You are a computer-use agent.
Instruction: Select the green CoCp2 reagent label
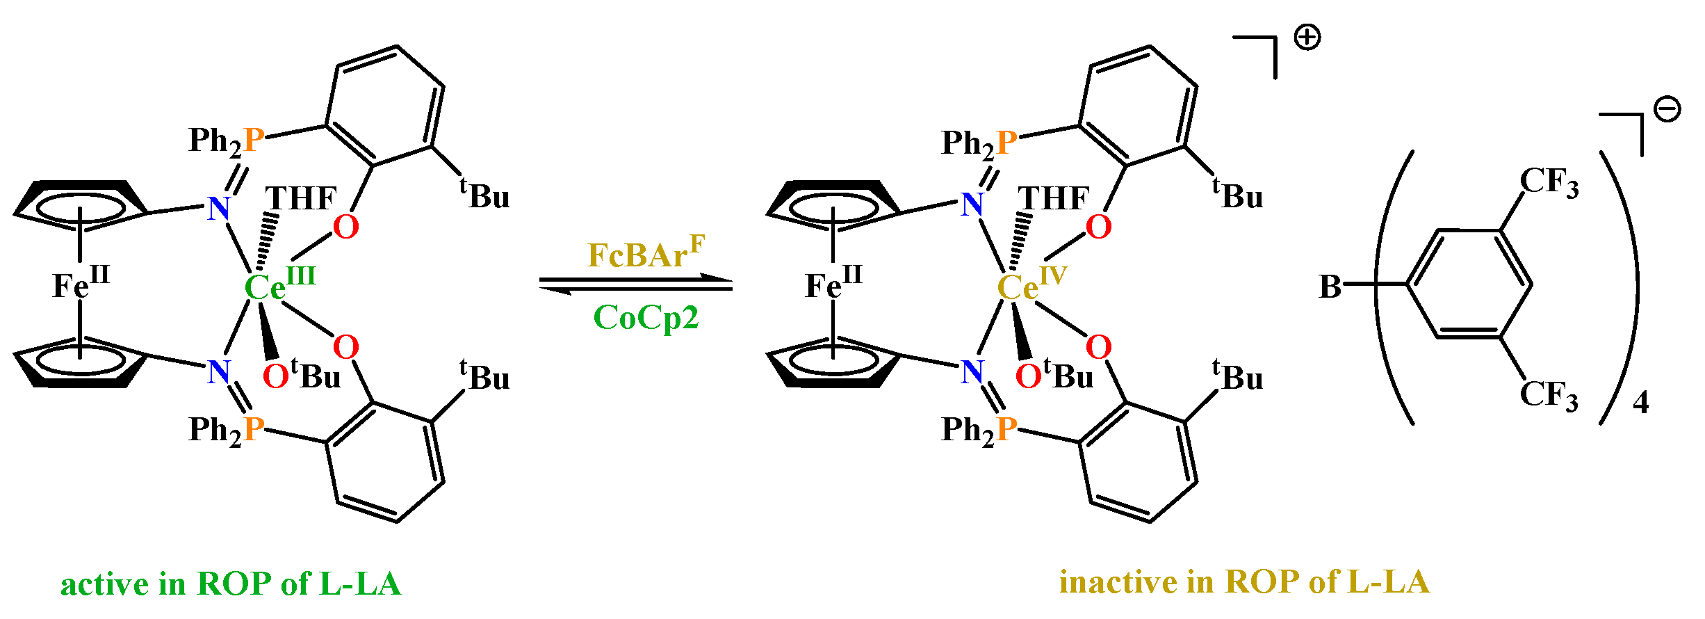point(645,318)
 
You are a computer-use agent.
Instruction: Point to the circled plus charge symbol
point(1307,38)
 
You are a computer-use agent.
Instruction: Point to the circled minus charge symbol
point(1667,109)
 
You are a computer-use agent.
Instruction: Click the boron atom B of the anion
point(1330,287)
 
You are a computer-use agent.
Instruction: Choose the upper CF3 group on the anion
point(1549,182)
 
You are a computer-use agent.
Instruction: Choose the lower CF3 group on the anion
point(1549,394)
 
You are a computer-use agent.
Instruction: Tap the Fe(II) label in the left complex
point(80,284)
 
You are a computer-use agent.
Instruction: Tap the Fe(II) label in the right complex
point(833,284)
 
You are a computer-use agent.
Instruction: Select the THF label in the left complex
point(301,198)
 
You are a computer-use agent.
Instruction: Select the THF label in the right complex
point(1054,198)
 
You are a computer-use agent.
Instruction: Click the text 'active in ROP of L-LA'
point(231,584)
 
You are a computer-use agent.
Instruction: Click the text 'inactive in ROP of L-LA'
point(1244,582)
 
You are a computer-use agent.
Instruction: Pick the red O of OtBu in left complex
point(275,377)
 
